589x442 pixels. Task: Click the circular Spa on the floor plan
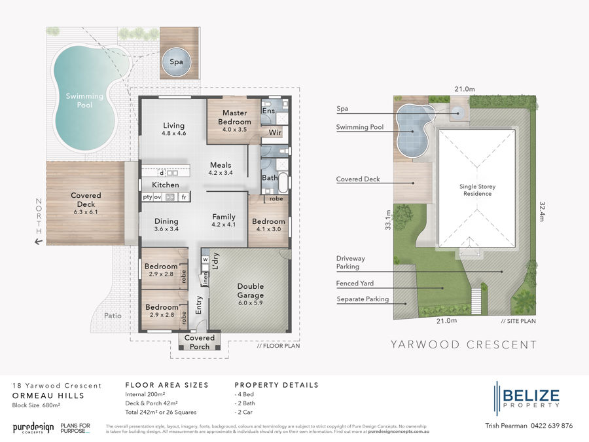176,62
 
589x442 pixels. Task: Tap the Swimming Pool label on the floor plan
84,100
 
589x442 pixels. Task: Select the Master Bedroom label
234,118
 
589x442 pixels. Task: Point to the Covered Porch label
200,342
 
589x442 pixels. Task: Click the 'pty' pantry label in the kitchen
148,196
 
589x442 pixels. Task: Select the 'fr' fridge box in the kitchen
185,196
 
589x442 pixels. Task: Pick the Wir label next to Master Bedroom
275,131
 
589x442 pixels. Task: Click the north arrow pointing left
39,242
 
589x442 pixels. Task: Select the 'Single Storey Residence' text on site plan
477,190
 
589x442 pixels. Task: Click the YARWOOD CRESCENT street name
463,344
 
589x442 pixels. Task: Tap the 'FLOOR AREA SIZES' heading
166,385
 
